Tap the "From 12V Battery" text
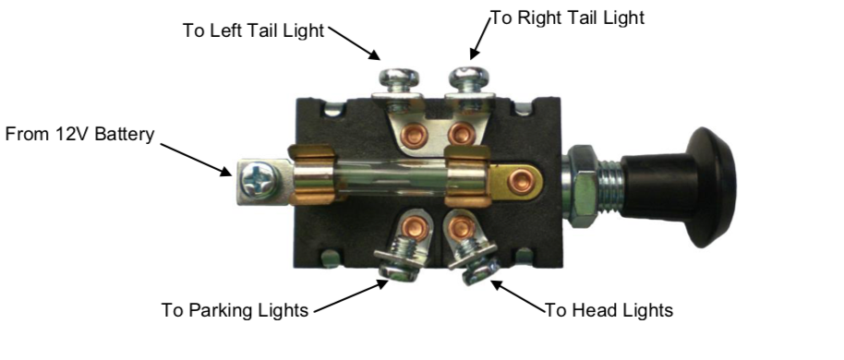pos(81,135)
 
